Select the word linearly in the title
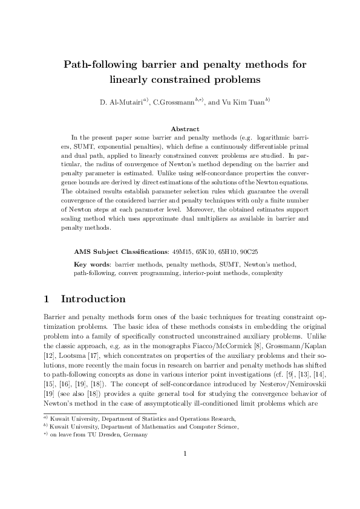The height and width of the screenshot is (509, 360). (132, 79)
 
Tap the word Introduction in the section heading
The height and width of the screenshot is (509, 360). (93, 299)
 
